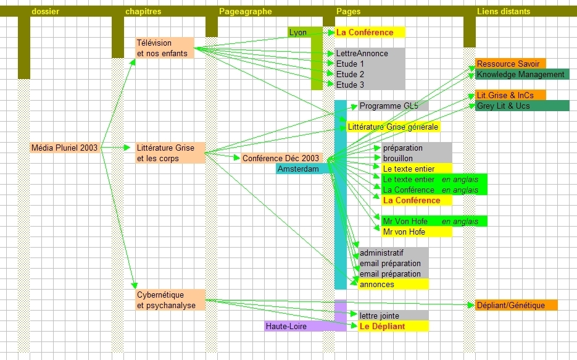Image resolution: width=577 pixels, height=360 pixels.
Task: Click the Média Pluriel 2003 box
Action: pos(64,148)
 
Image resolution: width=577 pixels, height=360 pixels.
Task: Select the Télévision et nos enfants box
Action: pos(164,48)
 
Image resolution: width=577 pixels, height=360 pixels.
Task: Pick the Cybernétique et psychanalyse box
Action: pos(169,300)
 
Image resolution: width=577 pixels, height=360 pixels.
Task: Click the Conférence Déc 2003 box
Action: pos(281,159)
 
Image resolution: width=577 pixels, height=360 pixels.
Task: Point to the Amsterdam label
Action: pos(299,169)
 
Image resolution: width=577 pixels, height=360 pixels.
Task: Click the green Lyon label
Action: pos(299,32)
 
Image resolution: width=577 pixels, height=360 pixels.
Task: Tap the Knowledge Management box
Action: pos(513,74)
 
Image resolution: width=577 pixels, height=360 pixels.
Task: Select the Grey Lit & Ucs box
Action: pos(513,106)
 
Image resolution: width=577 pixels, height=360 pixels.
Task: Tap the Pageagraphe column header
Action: pos(246,11)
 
